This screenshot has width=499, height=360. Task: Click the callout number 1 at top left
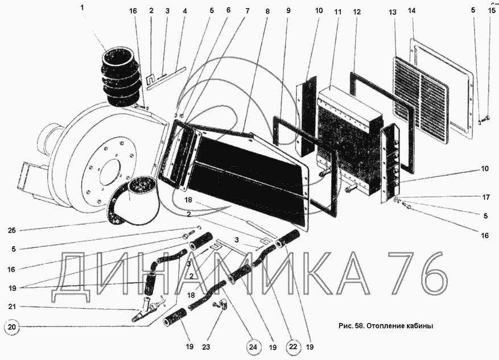[82, 8]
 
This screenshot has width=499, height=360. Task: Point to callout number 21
[13, 307]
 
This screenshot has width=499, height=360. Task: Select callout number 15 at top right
[491, 10]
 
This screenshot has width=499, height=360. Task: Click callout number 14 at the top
[412, 10]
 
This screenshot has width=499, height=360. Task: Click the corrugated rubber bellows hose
[121, 79]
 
